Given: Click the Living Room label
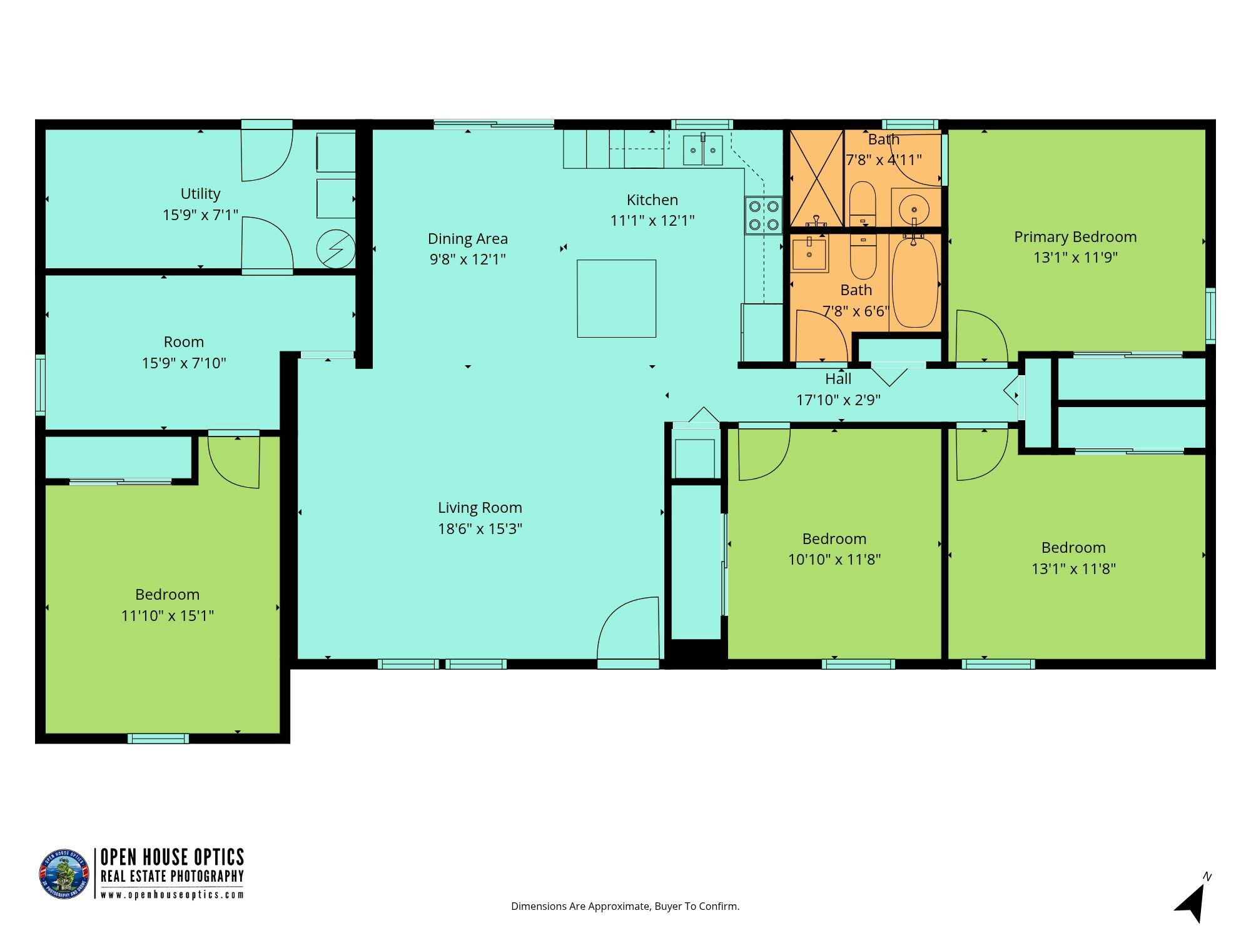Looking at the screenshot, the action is pos(480,508).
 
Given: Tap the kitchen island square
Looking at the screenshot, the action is pos(616,298).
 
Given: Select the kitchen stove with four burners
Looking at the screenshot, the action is pos(763,215).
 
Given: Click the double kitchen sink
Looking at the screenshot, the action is pos(702,150).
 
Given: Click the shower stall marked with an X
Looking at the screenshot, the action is pos(817,178).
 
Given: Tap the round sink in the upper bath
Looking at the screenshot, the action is pos(916,207).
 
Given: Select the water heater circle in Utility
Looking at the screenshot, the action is pos(336,249).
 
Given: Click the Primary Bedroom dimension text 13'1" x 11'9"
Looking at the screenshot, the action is pos(1075,258).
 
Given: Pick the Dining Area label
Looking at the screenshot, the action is pos(468,238).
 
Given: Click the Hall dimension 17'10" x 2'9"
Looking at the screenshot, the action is pos(838,400).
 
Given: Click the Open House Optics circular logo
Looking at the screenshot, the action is pos(64,874).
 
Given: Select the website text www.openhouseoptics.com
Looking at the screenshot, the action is pos(172,894).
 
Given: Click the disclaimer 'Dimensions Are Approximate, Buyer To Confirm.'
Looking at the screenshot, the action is pos(625,906).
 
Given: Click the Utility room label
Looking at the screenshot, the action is pos(200,194).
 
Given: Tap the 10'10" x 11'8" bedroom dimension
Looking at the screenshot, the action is pos(834,560).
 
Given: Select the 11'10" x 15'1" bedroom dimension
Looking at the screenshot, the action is pos(168,616).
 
